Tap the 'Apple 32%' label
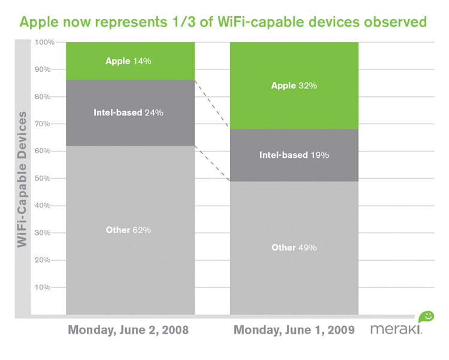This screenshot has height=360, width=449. click(294, 86)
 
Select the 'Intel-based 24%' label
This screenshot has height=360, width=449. click(128, 112)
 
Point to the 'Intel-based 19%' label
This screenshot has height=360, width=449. click(294, 155)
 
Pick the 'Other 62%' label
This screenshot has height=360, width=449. click(129, 230)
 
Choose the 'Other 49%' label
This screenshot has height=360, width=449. click(294, 248)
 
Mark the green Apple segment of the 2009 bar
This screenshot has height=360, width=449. click(335, 108)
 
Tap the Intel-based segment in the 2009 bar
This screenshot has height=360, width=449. click(335, 167)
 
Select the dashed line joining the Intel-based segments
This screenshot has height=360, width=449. click(213, 163)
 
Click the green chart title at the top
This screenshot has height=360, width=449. click(224, 23)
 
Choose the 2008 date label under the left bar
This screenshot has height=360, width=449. click(129, 329)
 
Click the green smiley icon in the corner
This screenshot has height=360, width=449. click(426, 316)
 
